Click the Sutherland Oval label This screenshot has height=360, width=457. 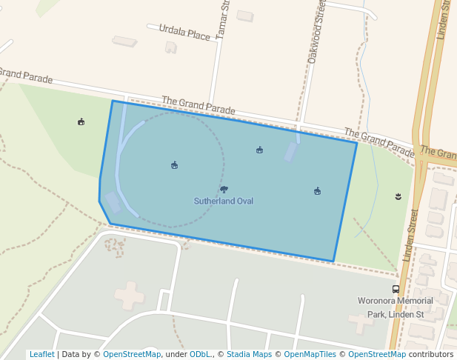pos(224,201)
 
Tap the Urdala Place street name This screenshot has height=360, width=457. pos(185,33)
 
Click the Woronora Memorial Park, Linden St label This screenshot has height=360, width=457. pos(396,307)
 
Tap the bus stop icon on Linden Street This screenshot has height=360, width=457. pos(396,290)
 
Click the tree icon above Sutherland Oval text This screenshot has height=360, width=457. pos(224,190)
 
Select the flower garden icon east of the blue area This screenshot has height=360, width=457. pos(399,196)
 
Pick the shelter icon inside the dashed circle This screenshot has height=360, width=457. pos(174,164)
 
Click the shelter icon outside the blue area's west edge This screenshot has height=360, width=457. pos(81,121)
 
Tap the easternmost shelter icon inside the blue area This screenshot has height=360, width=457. pos(317,190)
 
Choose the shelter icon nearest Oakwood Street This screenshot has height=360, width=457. pos(259,150)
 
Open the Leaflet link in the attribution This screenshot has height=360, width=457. pos(41,354)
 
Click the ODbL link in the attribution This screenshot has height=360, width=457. pos(200,354)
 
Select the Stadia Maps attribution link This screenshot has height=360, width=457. pos(248,354)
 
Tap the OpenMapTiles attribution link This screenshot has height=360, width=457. pos(310,354)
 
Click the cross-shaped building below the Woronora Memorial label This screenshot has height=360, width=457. pos(361,323)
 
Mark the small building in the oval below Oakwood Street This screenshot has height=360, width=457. pos(291,152)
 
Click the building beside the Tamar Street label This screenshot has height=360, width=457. pos(244,16)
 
